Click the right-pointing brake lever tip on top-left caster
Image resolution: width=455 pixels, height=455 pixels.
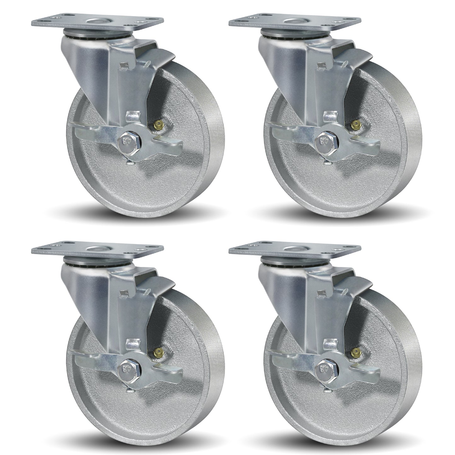[x=175, y=145]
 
